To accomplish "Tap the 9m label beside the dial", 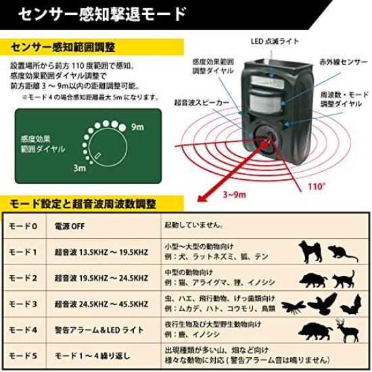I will coord(137,127).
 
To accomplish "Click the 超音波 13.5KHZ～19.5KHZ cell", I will coord(101,252).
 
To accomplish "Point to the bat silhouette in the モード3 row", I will coord(348,308).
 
